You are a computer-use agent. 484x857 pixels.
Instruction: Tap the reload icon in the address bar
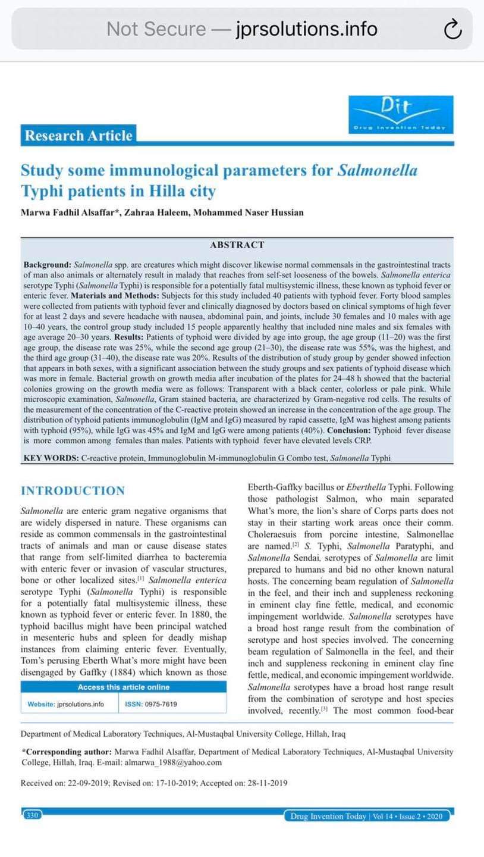452,29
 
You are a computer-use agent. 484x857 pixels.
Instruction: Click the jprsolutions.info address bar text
306,29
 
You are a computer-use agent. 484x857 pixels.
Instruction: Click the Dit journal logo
401,114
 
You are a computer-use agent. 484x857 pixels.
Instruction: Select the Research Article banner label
78,136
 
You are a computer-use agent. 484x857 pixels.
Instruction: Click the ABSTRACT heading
237,245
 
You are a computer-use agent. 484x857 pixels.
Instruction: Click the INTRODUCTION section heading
73,491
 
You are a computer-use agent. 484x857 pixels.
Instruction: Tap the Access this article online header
124,687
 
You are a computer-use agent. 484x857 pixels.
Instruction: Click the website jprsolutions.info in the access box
74,704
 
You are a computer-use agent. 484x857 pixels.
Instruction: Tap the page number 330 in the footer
32,815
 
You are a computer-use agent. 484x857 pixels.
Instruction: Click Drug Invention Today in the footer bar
328,816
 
